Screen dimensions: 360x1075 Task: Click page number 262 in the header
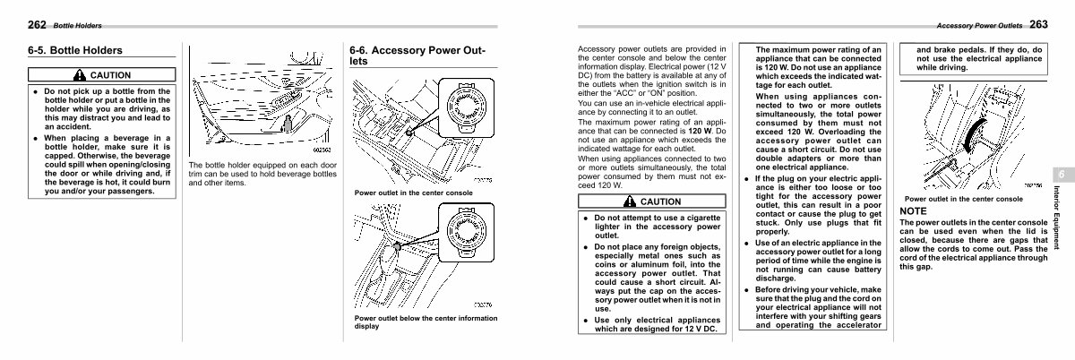37,24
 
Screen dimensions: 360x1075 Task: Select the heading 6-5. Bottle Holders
75,51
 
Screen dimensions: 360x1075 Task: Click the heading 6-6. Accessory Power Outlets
417,56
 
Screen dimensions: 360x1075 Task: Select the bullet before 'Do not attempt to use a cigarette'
586,218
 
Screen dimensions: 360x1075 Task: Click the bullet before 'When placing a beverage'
35,139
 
